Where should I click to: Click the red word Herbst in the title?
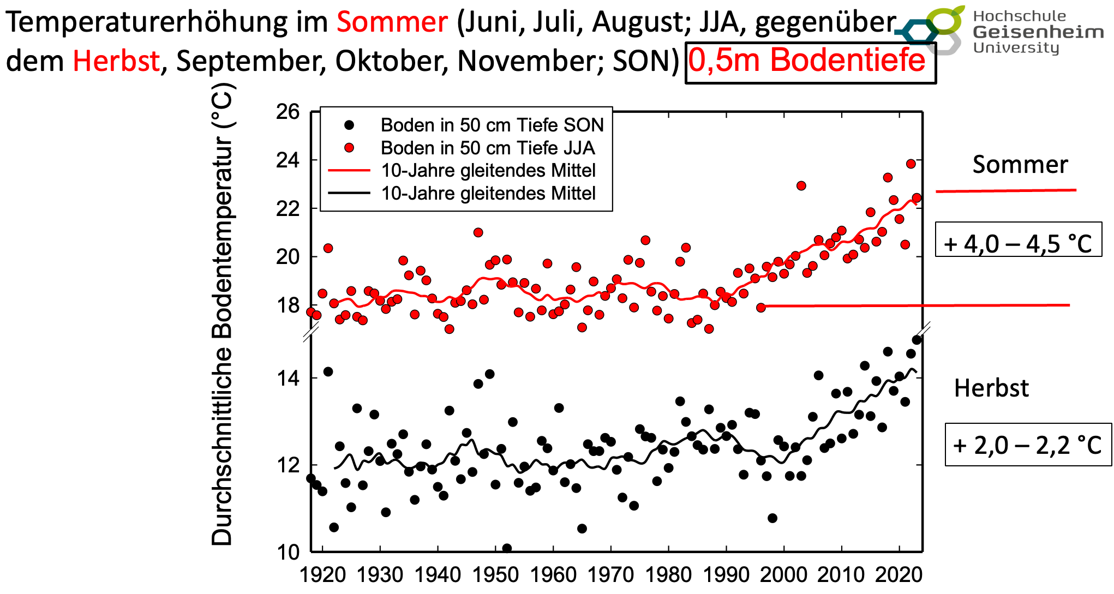(116, 61)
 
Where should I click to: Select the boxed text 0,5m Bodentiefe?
(810, 61)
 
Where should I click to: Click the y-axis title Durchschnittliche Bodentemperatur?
(223, 314)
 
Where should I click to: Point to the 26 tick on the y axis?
(288, 112)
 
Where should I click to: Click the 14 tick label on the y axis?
(288, 378)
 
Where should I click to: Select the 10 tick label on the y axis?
(288, 552)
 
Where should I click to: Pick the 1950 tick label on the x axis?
(495, 575)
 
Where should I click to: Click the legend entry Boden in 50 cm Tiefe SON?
(492, 125)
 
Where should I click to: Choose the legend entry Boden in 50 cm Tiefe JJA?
(487, 148)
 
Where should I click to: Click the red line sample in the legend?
(349, 171)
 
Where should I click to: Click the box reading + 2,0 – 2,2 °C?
(1028, 445)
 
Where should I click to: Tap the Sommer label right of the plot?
(1020, 165)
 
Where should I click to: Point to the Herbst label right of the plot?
(991, 388)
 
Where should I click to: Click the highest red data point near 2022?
(911, 164)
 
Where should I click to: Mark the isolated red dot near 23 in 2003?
(801, 186)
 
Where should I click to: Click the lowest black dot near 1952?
(507, 548)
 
